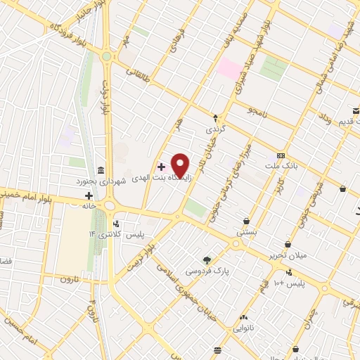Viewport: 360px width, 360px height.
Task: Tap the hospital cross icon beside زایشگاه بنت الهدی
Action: tap(162, 167)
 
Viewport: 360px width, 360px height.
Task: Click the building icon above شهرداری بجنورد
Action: tap(101, 171)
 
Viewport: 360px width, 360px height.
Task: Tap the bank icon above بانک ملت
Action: tap(281, 155)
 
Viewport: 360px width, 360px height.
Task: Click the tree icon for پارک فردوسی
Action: tap(206, 259)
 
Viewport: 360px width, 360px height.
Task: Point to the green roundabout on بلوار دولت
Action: tap(107, 56)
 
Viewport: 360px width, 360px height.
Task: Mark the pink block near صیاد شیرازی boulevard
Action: tap(229, 69)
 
